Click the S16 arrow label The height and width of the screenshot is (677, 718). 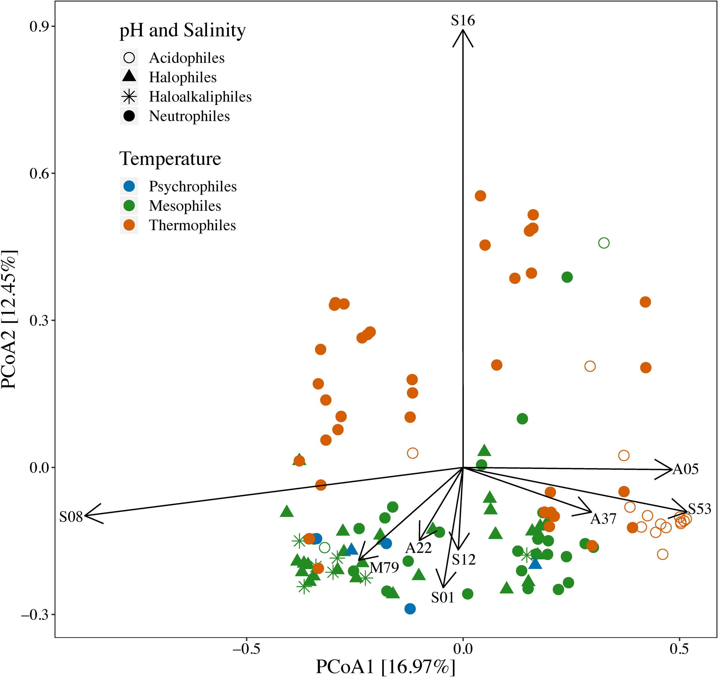pyautogui.click(x=463, y=21)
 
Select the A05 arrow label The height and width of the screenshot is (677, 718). pyautogui.click(x=686, y=469)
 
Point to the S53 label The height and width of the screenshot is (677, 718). pyautogui.click(x=699, y=509)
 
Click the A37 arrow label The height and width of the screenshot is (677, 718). pyautogui.click(x=603, y=519)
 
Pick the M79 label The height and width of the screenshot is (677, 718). pyautogui.click(x=384, y=568)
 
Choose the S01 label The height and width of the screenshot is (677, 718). pyautogui.click(x=442, y=598)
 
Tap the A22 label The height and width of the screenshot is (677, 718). pyautogui.click(x=418, y=548)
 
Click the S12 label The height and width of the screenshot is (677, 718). pyautogui.click(x=464, y=560)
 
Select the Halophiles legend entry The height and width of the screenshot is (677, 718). pyautogui.click(x=183, y=77)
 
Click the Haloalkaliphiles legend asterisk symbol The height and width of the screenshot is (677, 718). pyautogui.click(x=129, y=97)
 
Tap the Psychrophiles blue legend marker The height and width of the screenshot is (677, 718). pyautogui.click(x=129, y=186)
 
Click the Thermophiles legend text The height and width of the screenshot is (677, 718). pyautogui.click(x=192, y=225)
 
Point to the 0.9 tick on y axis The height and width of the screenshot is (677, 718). pyautogui.click(x=40, y=26)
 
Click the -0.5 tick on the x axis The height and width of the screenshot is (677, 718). pyautogui.click(x=246, y=649)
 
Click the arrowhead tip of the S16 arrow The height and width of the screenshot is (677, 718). pyautogui.click(x=463, y=31)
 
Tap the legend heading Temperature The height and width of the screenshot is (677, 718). pyautogui.click(x=170, y=159)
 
